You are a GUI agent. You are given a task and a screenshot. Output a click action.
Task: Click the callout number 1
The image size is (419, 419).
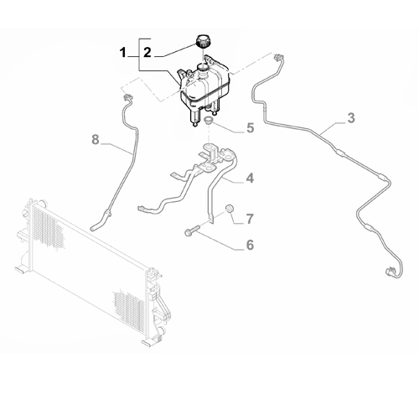point(122,52)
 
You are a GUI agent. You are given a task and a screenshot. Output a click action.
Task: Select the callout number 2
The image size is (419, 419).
point(147,52)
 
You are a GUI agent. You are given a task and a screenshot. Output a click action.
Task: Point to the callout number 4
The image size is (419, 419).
point(249,178)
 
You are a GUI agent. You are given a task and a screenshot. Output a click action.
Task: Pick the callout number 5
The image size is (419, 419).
point(249,129)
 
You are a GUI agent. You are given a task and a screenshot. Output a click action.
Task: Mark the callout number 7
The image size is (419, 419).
point(249,220)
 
